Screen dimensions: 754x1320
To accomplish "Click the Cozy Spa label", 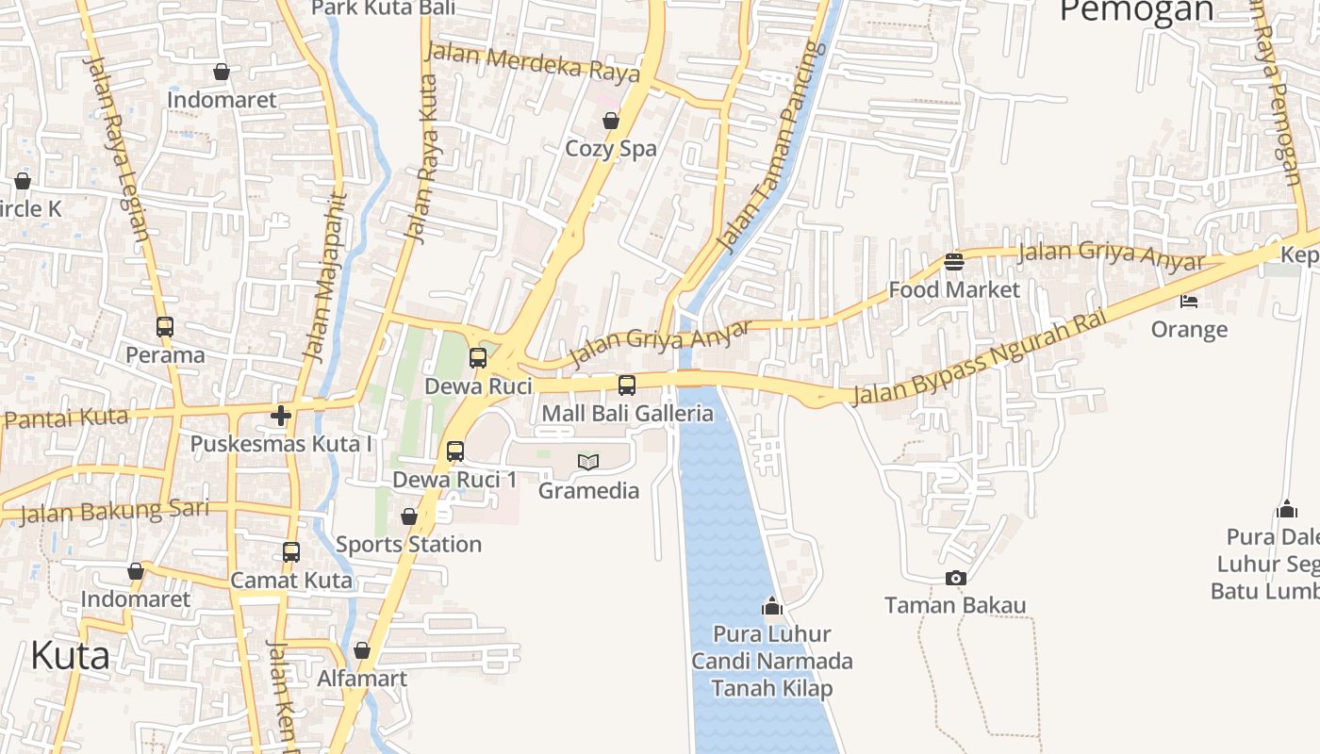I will click(611, 148).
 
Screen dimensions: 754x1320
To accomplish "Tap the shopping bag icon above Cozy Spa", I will click(611, 121).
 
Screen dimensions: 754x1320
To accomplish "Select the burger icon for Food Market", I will click(954, 261).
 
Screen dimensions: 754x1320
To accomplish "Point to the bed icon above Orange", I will click(1189, 302).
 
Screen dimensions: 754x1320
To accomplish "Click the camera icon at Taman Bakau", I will click(955, 578).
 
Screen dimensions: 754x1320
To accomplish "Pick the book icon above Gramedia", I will click(588, 462).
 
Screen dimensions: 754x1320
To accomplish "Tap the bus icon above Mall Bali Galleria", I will click(627, 385).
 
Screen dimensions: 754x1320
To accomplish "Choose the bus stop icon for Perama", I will click(165, 327).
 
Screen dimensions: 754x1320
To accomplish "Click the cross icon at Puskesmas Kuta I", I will click(281, 415).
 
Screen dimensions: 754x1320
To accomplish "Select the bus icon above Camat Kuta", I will click(291, 552).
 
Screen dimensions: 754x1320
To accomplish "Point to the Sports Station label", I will click(409, 544).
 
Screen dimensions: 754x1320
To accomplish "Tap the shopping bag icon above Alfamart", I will click(362, 651).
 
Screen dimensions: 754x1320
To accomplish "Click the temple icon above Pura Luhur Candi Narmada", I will click(772, 605).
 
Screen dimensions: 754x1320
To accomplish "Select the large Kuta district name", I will click(70, 655).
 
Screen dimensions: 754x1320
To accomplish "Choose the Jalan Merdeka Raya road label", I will click(533, 61).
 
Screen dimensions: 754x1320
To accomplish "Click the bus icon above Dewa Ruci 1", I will click(455, 451).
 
